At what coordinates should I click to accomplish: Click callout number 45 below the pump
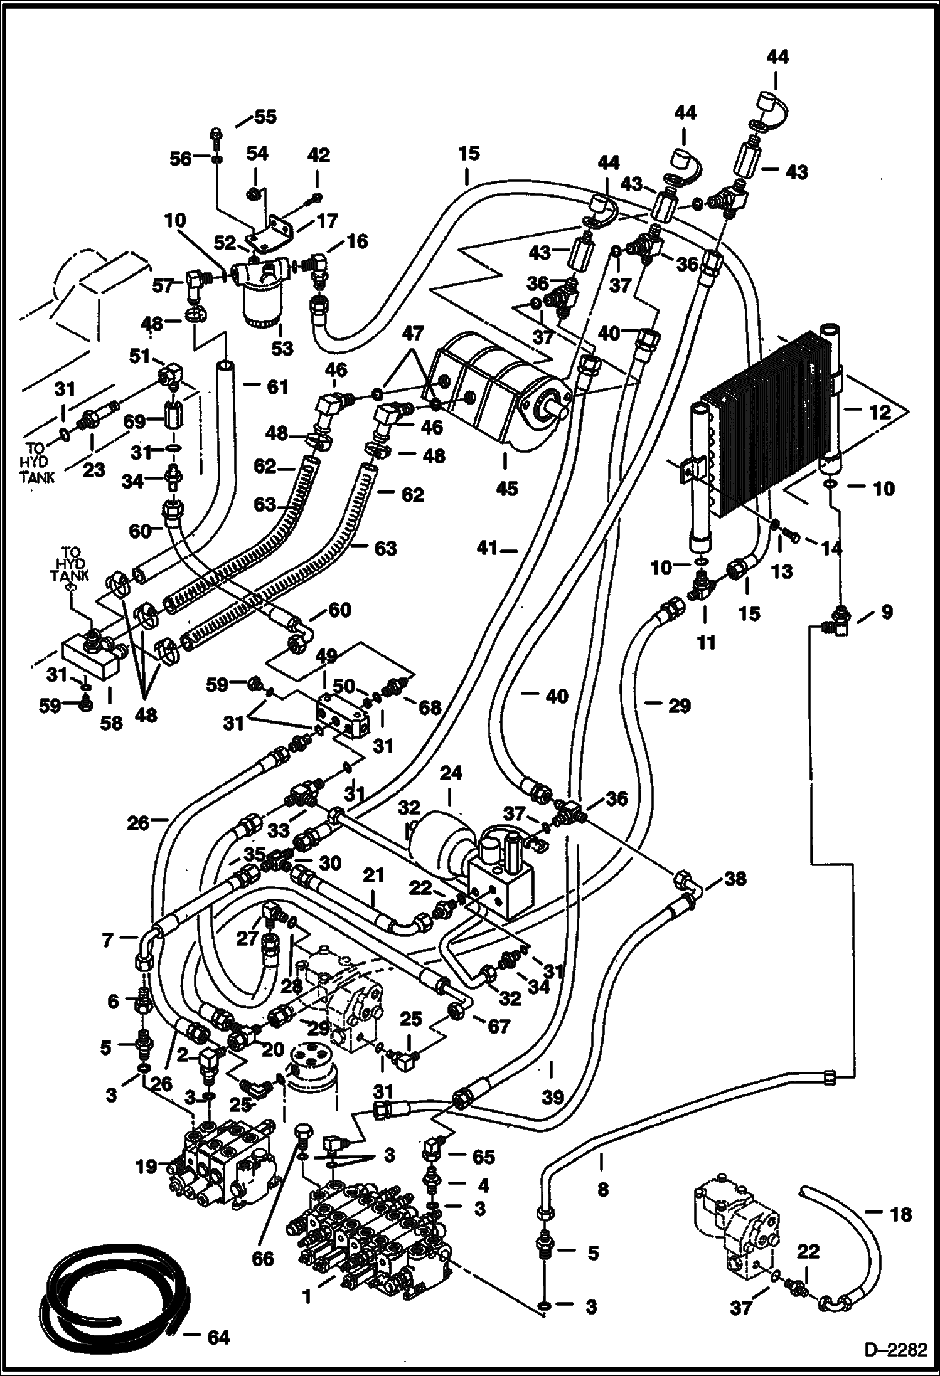pos(506,488)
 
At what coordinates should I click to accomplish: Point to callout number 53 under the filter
pos(282,349)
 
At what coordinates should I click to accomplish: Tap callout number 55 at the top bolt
pos(264,117)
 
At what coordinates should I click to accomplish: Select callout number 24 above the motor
pos(451,773)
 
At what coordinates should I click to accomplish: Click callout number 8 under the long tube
pos(602,1189)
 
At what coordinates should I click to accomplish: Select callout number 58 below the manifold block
pos(112,722)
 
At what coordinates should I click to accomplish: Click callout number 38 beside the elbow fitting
pos(735,879)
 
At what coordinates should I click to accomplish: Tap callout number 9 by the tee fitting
pos(886,611)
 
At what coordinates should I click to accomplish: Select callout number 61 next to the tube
pos(277,387)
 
